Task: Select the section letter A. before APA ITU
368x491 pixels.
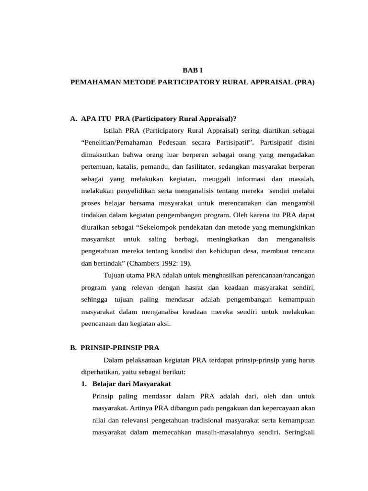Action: click(74, 119)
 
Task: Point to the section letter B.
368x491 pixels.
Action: click(74, 347)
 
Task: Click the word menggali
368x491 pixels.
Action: click(218, 179)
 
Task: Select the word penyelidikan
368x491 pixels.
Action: click(132, 191)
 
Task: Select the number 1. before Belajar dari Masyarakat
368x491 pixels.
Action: click(84, 384)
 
